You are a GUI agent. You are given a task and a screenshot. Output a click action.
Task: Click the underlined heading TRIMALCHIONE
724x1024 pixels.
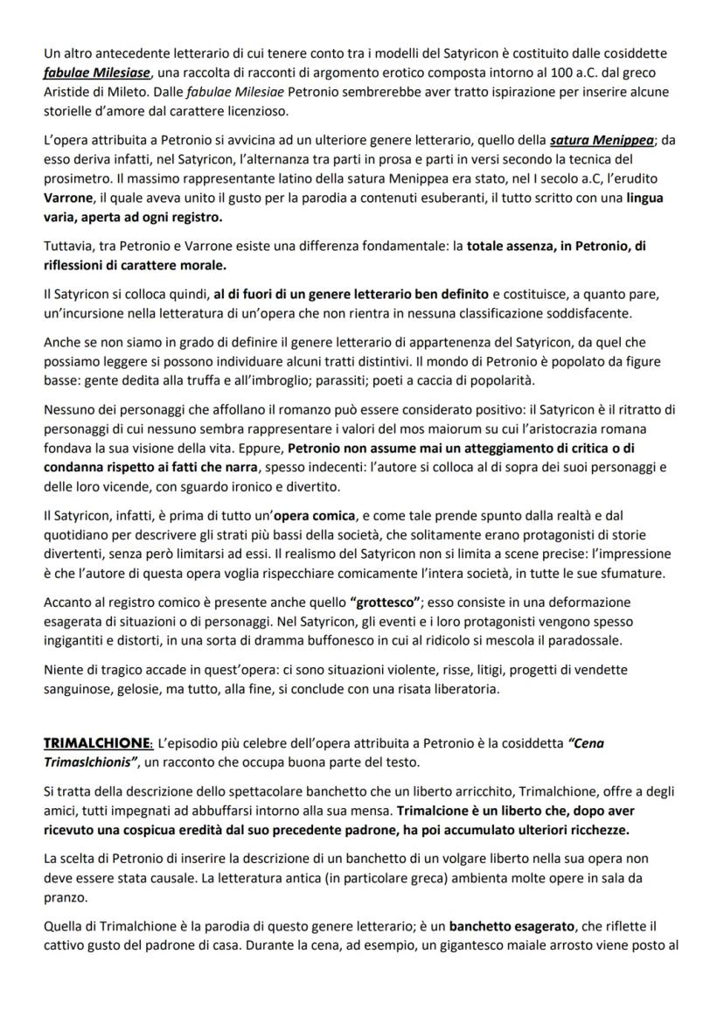pos(98,743)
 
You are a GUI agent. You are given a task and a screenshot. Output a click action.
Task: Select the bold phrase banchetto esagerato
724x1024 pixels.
pos(524,925)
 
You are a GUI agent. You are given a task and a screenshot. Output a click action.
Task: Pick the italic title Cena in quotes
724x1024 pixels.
pos(587,743)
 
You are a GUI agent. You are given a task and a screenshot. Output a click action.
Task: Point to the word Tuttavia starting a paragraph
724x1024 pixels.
pos(67,247)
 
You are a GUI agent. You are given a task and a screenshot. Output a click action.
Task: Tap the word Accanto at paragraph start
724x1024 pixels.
pos(68,603)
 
